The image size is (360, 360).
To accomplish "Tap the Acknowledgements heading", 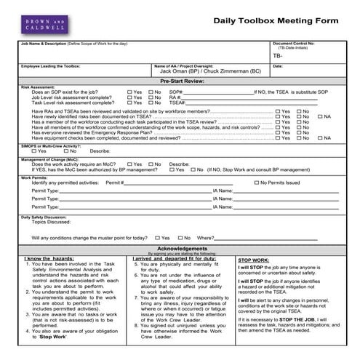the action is (x=180, y=249).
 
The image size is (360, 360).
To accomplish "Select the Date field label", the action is (x=278, y=66).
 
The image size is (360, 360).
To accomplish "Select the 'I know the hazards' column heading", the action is (x=49, y=258).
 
